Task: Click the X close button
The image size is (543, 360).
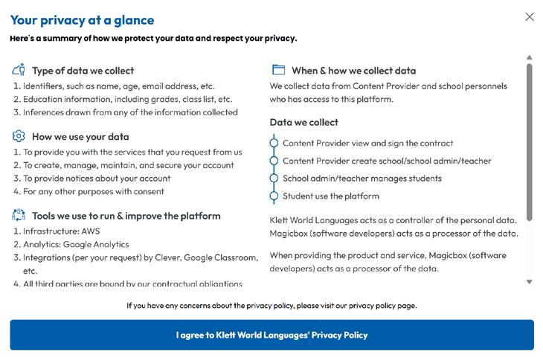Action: [530, 17]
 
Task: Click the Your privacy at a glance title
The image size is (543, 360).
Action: [82, 20]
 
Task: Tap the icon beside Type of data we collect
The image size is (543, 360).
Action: [19, 71]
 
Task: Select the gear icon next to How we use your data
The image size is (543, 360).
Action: [19, 136]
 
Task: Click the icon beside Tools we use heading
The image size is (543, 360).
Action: [19, 216]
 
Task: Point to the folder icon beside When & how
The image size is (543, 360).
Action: [279, 70]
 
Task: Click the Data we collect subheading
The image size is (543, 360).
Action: [303, 122]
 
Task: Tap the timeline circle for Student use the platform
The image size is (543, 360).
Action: [274, 196]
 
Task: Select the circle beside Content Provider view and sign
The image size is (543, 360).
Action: [274, 143]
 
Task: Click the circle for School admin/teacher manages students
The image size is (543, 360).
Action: [274, 179]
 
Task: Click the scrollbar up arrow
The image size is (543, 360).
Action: [530, 57]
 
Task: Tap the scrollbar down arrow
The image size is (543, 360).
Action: [530, 282]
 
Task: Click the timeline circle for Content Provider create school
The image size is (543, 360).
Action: [274, 161]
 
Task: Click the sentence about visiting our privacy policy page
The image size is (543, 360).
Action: [271, 305]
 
